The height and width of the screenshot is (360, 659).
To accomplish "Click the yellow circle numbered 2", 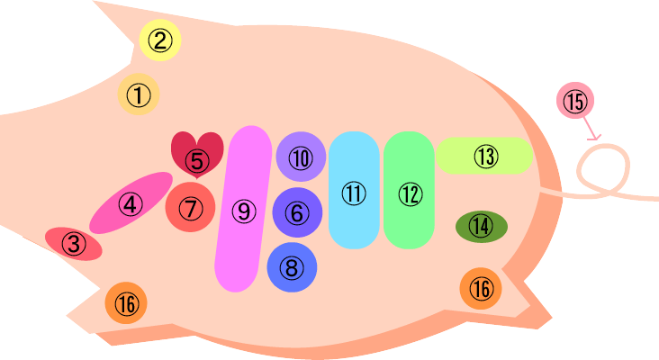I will point(160,40).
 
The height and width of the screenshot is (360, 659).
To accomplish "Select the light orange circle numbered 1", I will point(138,94).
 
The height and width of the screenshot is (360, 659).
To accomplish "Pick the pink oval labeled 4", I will point(131,203).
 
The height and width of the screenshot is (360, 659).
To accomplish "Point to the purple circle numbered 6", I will point(297,212).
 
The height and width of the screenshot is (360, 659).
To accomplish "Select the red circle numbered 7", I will point(190,208).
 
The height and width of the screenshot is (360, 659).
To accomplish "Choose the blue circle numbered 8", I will point(292,266).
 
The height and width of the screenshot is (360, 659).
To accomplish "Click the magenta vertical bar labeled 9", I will point(243,209).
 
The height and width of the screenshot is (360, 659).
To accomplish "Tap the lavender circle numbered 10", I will point(300,157).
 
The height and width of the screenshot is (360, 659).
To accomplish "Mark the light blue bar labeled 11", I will point(352,191).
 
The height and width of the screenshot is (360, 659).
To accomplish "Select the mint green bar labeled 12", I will point(410,191).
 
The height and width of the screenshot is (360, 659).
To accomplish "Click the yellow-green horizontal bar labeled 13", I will point(484,156).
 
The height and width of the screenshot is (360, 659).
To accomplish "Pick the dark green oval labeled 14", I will point(482,226).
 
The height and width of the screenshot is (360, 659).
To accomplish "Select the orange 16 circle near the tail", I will point(483,288).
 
